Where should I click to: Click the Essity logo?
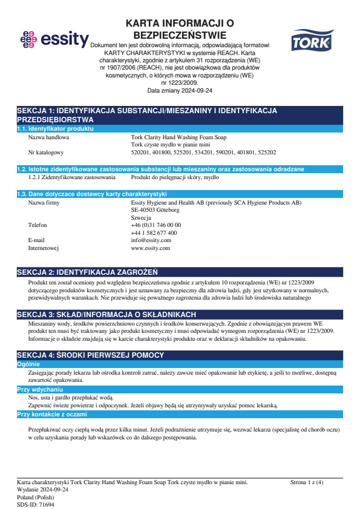[x=54, y=40]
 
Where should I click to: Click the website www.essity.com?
[x=150, y=248]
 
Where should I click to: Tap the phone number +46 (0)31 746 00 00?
[x=155, y=225]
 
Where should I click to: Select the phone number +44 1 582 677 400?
[x=154, y=232]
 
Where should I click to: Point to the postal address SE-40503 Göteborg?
[x=155, y=210]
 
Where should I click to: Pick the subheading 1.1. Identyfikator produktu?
[x=54, y=129]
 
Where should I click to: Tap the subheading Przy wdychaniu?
[x=39, y=390]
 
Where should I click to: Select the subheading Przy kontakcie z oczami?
[x=52, y=415]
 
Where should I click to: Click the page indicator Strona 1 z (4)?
[x=307, y=482]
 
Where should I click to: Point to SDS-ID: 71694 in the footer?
[x=36, y=504]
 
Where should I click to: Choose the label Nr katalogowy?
[x=46, y=153]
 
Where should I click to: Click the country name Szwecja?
[x=141, y=217]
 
